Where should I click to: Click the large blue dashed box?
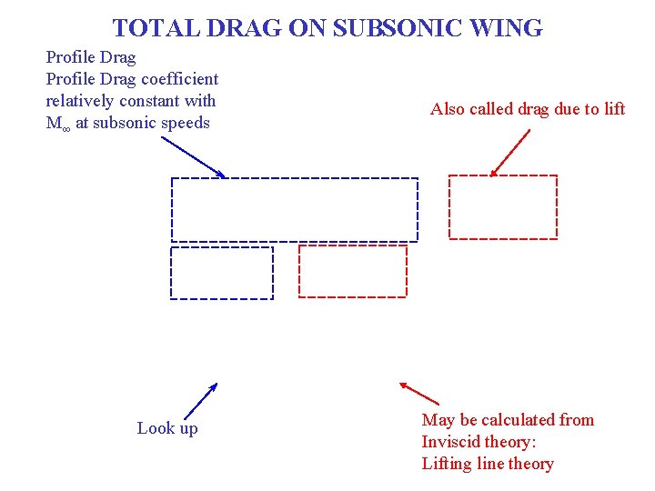295,210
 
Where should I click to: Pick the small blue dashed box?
222,273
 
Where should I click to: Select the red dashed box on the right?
503,207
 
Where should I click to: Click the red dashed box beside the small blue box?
353,272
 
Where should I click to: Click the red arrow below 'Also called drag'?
510,152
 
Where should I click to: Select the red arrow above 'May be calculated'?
419,393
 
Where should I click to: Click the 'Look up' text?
167,428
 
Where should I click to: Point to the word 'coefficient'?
179,79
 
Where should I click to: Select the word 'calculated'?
512,420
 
